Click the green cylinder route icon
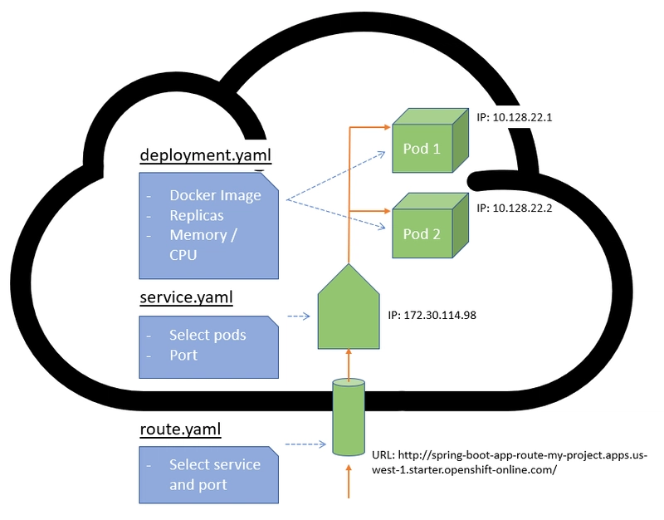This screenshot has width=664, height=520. coord(349,418)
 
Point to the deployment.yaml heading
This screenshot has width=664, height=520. coord(205,155)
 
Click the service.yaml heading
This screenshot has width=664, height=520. coord(188,297)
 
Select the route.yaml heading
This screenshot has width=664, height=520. coord(180,429)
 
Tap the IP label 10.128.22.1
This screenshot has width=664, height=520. coord(515,118)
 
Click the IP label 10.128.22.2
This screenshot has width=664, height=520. coord(515,208)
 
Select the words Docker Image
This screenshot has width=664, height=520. coord(215,196)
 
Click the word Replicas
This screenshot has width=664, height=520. coord(197,215)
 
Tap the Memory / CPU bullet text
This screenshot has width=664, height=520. coord(203,244)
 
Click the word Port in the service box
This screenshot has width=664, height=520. coord(183,355)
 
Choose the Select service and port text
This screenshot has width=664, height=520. coord(214,474)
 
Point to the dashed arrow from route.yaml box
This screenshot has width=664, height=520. coord(305,444)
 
